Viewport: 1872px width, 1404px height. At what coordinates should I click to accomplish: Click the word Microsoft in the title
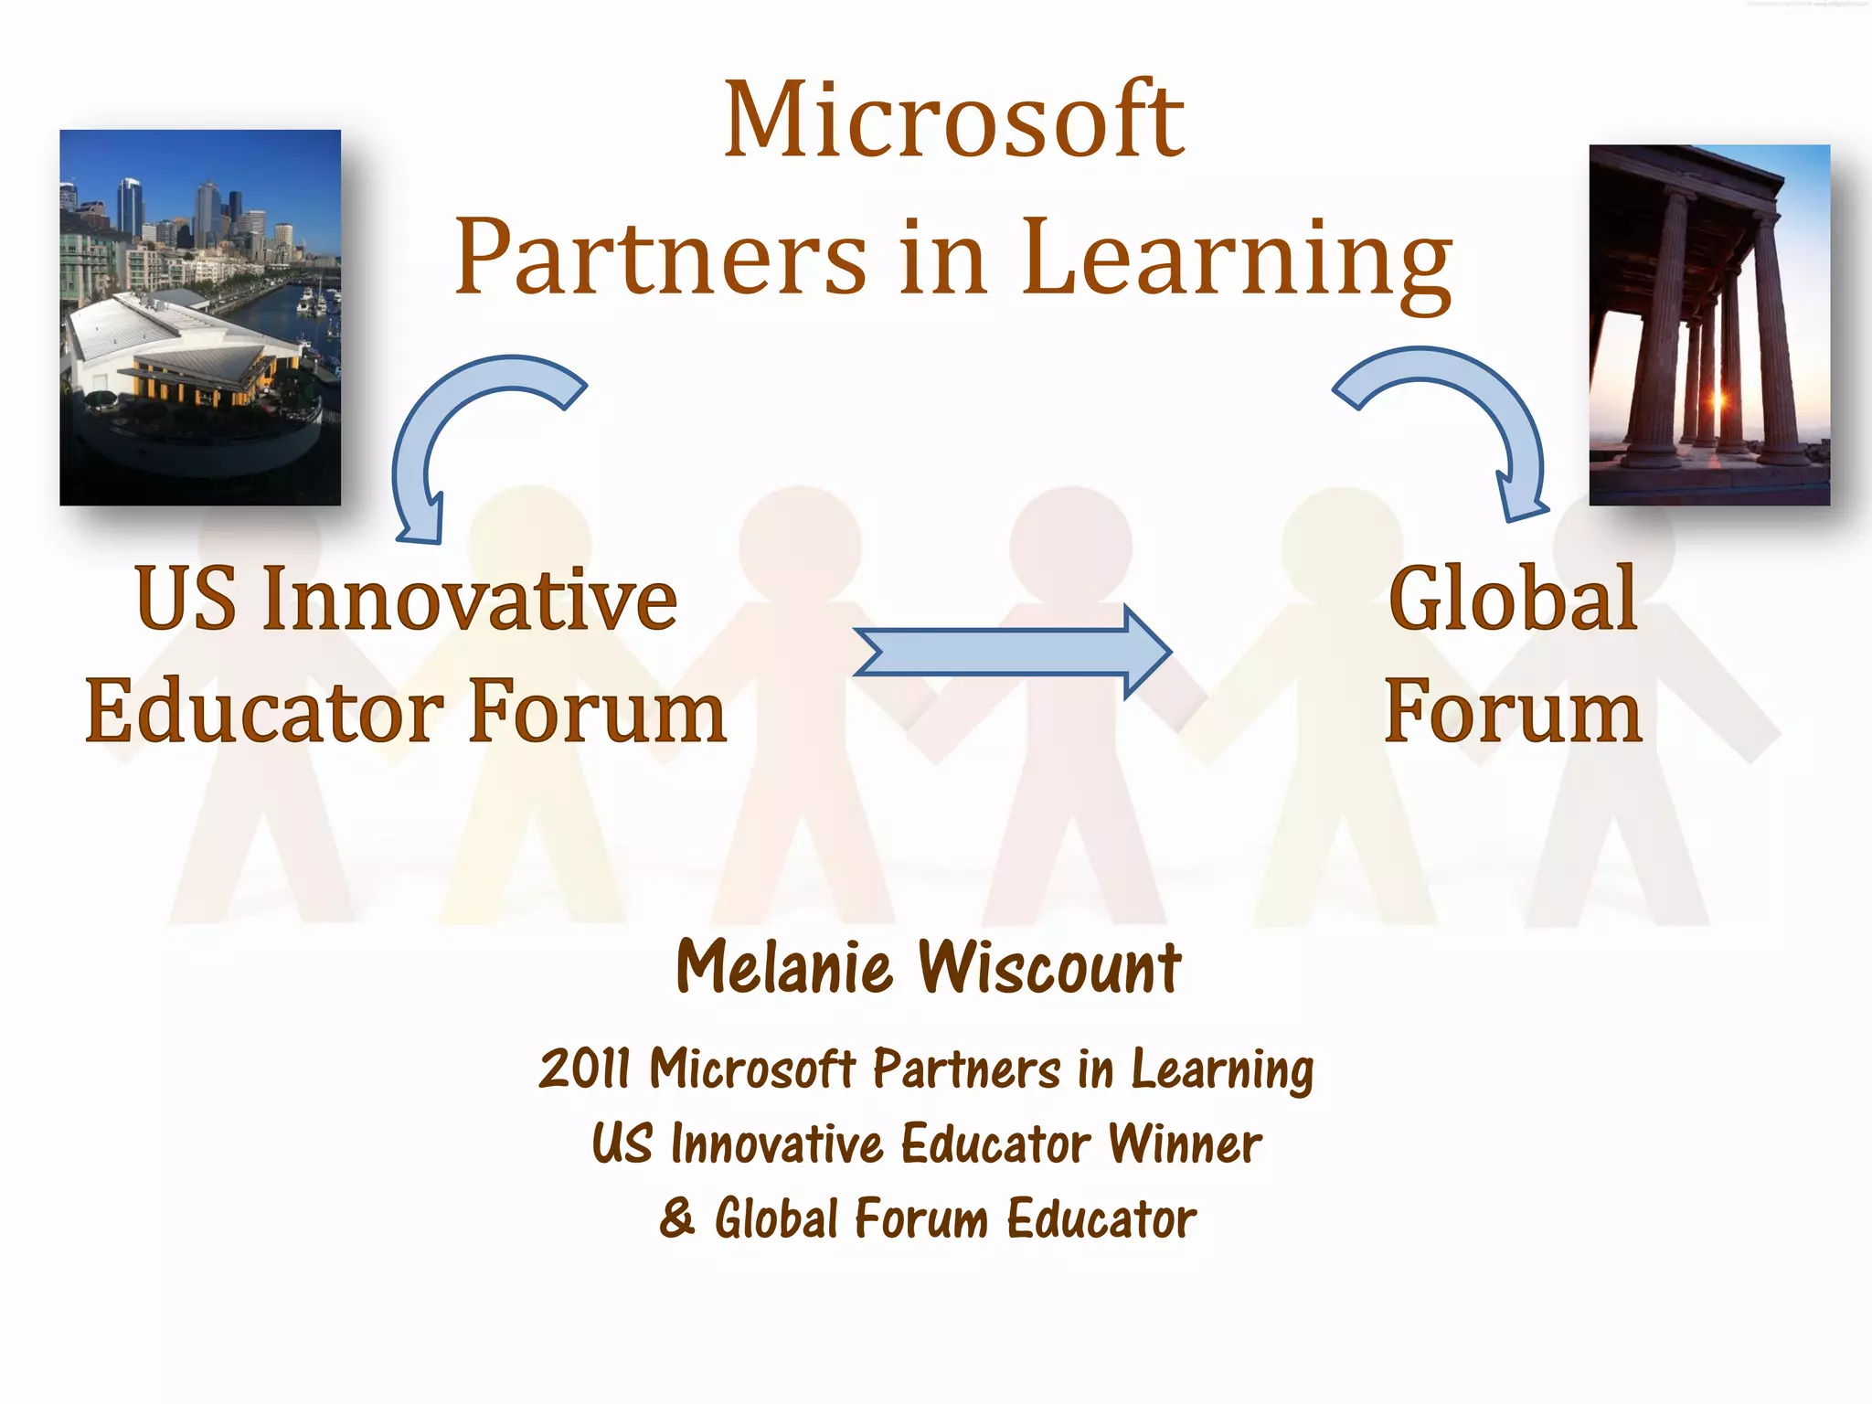point(953,122)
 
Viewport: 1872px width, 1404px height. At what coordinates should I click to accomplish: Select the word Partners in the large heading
point(660,259)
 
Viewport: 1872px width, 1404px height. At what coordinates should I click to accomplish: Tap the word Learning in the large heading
point(1236,259)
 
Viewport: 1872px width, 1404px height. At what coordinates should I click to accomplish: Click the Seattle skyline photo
point(200,317)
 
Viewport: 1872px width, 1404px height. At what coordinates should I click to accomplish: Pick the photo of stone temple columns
point(1708,324)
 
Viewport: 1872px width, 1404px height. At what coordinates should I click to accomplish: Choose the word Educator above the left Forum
point(265,713)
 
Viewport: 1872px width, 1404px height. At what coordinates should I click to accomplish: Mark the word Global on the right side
point(1513,600)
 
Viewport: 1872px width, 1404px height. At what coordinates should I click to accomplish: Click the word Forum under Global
point(1513,713)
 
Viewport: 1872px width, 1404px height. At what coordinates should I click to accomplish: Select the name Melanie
point(784,967)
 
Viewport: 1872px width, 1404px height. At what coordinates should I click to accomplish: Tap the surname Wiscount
point(1048,967)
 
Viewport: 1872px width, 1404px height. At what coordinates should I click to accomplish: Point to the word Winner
point(1185,1143)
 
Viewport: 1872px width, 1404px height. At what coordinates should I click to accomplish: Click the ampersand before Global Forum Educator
point(677,1218)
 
